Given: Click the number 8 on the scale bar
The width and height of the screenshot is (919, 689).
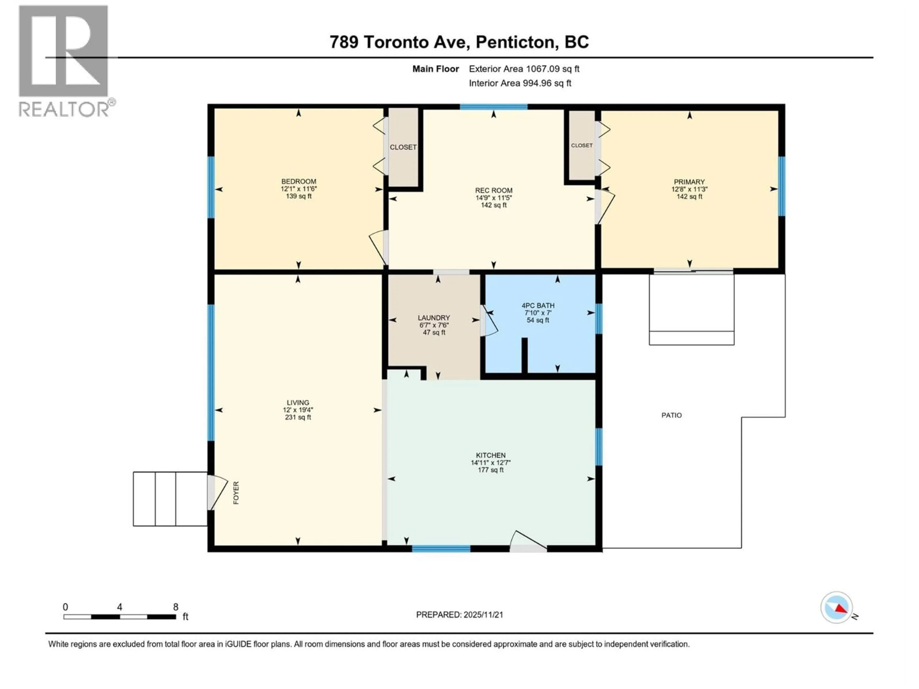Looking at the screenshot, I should point(176,607).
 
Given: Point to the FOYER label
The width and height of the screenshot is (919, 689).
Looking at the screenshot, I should point(236,493).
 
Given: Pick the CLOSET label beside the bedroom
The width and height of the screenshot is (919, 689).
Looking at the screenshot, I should point(403,147).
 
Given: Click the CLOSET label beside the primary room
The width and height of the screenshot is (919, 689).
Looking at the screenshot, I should point(581,145).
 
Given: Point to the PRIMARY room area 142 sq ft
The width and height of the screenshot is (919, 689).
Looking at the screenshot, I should point(689,196).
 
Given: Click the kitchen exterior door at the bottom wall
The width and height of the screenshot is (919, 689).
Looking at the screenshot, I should point(528,542).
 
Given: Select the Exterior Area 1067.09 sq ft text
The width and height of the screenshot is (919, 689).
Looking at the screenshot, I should point(524,69).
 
